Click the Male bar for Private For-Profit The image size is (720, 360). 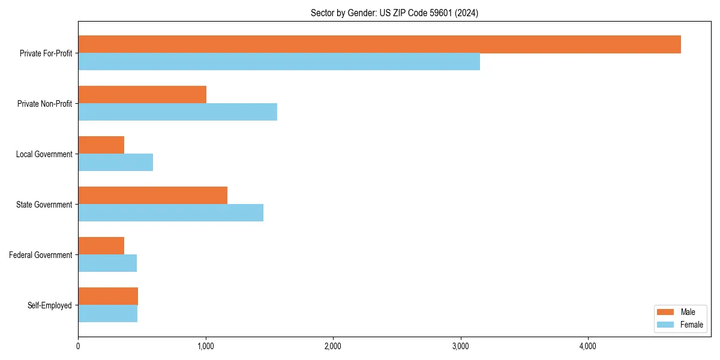pos(379,44)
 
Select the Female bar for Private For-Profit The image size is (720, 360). pos(279,62)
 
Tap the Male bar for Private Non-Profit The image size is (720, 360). pos(142,95)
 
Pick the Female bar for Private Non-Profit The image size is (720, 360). pos(178,112)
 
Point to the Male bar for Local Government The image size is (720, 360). pos(101,145)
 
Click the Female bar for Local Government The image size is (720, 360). pos(115,163)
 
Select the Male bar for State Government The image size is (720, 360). pos(152,196)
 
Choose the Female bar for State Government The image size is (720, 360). pos(170,213)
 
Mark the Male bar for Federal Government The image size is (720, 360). pos(101,246)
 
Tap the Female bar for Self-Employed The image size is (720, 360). pos(107,314)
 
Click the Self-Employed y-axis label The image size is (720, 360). pos(49,305)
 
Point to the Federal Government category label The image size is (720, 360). pos(40,255)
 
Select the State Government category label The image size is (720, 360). pos(44,205)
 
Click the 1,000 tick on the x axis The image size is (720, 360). pos(205,346)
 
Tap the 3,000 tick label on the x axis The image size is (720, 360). pos(460,346)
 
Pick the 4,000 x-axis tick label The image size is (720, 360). pos(587,346)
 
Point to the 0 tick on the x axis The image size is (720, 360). pos(78,346)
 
